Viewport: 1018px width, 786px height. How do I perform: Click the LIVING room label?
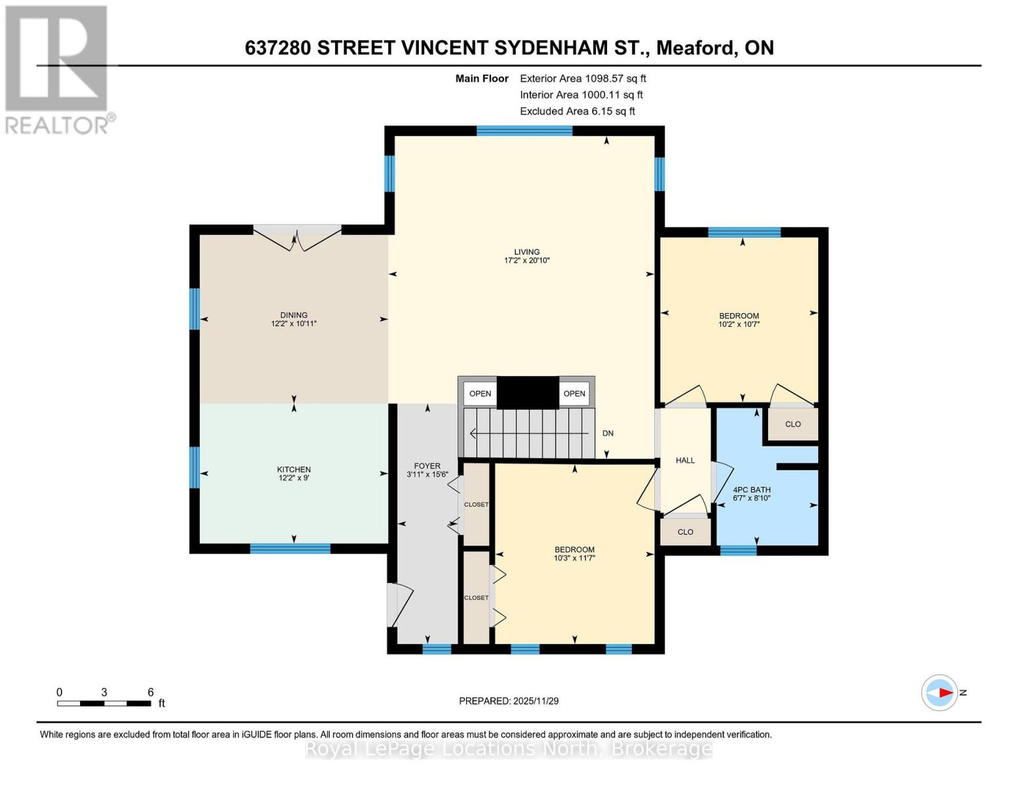click(526, 252)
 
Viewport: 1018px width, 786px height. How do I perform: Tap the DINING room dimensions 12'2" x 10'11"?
click(294, 324)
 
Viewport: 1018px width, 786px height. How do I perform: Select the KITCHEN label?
click(294, 469)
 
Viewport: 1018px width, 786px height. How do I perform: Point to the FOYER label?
click(427, 466)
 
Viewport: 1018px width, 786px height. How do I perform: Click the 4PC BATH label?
click(751, 490)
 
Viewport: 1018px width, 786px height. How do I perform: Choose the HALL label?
click(685, 460)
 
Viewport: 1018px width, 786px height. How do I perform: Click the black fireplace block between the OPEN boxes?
click(528, 393)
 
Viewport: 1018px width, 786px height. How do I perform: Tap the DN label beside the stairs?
click(608, 434)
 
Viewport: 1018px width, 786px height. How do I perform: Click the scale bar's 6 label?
click(150, 692)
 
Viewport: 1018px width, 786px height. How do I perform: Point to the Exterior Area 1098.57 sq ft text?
click(583, 79)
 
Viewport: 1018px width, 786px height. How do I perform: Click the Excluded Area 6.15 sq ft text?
click(577, 111)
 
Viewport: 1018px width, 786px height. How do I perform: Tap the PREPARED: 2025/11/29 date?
click(509, 701)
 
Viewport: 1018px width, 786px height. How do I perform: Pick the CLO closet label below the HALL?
click(685, 532)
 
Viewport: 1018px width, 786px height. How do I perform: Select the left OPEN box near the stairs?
click(480, 394)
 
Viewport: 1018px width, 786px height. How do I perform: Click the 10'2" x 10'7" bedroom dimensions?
click(739, 324)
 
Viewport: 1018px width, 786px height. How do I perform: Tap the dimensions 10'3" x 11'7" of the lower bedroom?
click(574, 558)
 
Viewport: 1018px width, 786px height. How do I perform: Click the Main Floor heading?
click(482, 79)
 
